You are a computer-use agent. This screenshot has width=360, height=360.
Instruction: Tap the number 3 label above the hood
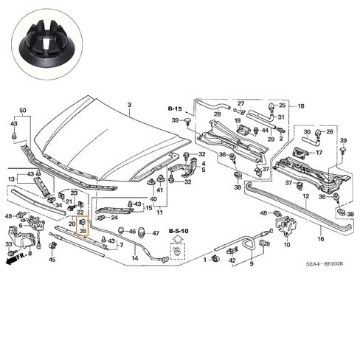(x=130, y=105)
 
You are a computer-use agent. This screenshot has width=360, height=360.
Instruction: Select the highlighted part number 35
(x=83, y=231)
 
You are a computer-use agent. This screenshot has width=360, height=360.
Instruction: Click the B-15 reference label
(x=175, y=108)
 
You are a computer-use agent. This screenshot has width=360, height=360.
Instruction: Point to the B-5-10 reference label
(x=179, y=231)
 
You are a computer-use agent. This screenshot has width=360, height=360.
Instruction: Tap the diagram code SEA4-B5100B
(x=324, y=264)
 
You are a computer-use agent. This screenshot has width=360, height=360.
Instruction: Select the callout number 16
(x=321, y=239)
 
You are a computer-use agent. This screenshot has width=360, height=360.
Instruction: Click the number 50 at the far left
(x=23, y=111)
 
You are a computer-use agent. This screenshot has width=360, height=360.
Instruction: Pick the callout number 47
(x=156, y=233)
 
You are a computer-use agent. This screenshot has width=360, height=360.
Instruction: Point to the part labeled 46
(x=121, y=231)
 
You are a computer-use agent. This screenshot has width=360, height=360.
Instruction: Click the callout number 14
(x=135, y=258)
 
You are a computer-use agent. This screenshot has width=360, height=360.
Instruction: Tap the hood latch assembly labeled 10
(x=287, y=226)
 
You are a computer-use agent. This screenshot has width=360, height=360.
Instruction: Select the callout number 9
(x=252, y=263)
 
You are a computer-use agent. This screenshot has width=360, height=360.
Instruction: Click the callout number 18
(x=301, y=106)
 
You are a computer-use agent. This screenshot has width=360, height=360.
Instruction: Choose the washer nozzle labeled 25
(x=271, y=107)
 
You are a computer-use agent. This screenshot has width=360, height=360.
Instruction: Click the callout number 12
(x=305, y=196)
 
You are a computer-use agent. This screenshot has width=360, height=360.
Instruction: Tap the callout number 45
(x=52, y=260)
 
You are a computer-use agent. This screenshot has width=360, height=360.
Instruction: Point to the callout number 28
(x=217, y=114)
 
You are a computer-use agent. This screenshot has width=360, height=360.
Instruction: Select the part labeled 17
(x=299, y=153)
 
